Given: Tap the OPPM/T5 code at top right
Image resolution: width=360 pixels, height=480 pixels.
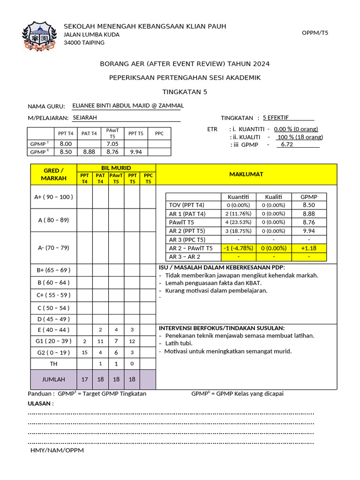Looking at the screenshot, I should point(315,33).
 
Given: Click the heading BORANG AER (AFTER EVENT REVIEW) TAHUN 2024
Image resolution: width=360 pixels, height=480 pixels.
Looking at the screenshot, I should point(185,64).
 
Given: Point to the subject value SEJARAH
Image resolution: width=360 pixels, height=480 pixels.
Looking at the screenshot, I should point(85,118).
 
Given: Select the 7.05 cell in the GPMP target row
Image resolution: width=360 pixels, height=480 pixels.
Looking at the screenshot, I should point(112,144).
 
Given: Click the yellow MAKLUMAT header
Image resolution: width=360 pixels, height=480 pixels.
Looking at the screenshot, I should point(246,174).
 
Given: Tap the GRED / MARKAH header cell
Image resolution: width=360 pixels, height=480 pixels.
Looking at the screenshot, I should point(53,174).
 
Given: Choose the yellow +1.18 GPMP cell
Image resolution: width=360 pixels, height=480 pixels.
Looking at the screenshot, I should point(309,248).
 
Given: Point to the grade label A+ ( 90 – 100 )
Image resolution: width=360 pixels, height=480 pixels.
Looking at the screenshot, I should point(53,197).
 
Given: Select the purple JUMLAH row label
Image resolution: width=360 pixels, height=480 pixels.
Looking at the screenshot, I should point(53,379).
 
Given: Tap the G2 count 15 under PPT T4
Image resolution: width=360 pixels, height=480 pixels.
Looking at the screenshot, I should point(84,352).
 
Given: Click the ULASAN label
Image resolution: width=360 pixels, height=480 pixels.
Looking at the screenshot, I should point(40,403).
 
